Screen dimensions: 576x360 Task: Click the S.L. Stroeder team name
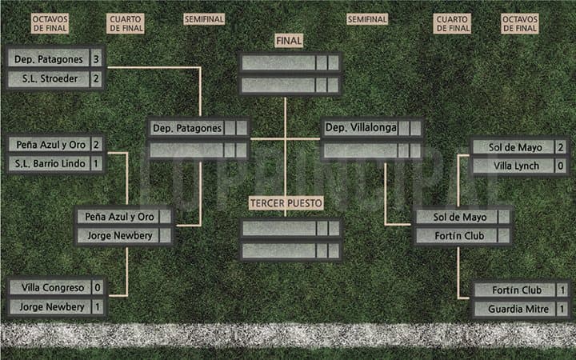(50, 78)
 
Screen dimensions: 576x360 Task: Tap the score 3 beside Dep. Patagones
(96, 59)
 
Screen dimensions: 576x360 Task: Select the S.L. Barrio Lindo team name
(50, 163)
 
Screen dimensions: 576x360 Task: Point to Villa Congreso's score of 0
(98, 287)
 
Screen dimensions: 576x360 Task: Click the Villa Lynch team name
(516, 166)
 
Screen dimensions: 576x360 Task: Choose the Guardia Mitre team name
(518, 309)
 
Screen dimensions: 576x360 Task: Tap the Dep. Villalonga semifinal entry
(361, 127)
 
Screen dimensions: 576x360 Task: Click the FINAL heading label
(289, 41)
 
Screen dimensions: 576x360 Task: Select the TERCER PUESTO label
(286, 203)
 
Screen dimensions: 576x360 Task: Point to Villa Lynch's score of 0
(561, 166)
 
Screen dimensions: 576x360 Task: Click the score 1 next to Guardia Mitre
(562, 309)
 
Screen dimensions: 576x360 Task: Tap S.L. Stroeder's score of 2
(96, 78)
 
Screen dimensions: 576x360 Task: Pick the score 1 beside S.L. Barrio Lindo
(96, 163)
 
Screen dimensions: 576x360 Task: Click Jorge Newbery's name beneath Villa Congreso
(52, 306)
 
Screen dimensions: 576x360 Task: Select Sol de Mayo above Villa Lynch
(515, 147)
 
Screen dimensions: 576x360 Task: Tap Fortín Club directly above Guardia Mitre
(517, 290)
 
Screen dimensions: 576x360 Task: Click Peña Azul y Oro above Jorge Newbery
(119, 217)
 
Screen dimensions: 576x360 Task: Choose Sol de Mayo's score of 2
(561, 147)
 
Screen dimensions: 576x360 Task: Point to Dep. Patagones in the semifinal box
(187, 128)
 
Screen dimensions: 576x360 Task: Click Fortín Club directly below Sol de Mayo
(459, 236)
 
